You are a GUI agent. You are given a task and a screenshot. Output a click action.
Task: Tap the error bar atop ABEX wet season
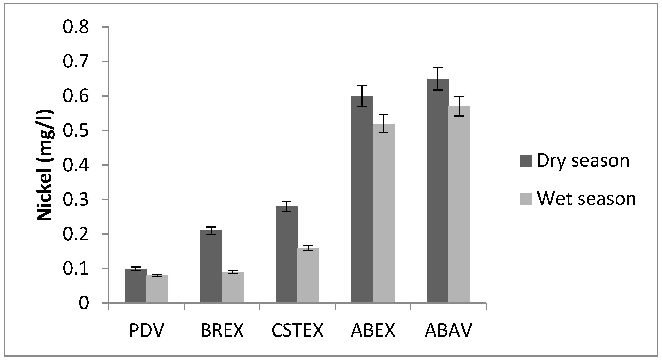384,124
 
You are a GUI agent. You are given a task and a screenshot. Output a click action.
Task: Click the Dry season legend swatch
525,161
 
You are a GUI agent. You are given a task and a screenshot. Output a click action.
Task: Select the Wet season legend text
586,199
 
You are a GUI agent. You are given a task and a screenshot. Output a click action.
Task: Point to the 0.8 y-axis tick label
76,27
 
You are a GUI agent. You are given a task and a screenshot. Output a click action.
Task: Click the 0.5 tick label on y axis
76,131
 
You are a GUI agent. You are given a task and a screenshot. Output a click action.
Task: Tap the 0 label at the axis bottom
84,303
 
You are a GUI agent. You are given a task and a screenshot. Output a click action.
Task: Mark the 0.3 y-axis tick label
76,200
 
